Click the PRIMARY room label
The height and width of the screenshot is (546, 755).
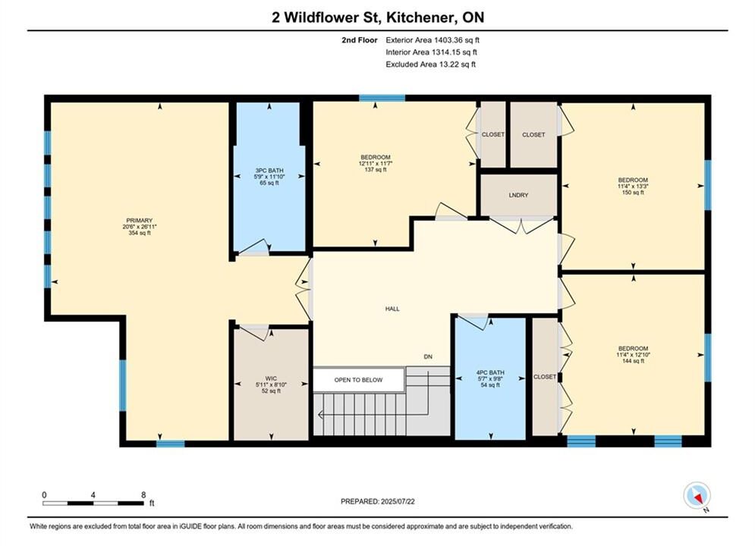[x=140, y=221]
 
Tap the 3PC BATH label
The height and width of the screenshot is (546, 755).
[x=269, y=171]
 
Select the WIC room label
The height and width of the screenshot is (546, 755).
[x=271, y=378]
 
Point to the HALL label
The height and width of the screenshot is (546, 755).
[x=392, y=309]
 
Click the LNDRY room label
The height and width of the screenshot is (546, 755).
[x=518, y=196]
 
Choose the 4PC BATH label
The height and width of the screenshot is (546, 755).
[x=490, y=372]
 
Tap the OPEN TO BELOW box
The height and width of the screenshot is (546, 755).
[x=359, y=380]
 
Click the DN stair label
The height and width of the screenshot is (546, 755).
[x=428, y=357]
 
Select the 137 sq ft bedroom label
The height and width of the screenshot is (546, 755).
[x=376, y=163]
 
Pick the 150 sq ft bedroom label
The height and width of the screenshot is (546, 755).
[x=633, y=186]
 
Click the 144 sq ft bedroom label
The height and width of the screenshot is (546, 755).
[x=633, y=355]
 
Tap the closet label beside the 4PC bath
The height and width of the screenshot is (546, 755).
[x=545, y=377]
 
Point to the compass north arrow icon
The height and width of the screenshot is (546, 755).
[x=697, y=495]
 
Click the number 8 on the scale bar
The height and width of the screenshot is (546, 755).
[x=143, y=494]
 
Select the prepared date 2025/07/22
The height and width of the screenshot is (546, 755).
[x=398, y=501]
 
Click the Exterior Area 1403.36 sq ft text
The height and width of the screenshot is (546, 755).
[x=433, y=40]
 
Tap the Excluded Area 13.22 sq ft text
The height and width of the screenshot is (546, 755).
[x=430, y=64]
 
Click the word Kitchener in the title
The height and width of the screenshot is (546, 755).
[x=423, y=17]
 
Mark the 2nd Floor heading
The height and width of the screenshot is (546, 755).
[x=360, y=40]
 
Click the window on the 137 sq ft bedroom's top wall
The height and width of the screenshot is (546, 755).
[x=382, y=98]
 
